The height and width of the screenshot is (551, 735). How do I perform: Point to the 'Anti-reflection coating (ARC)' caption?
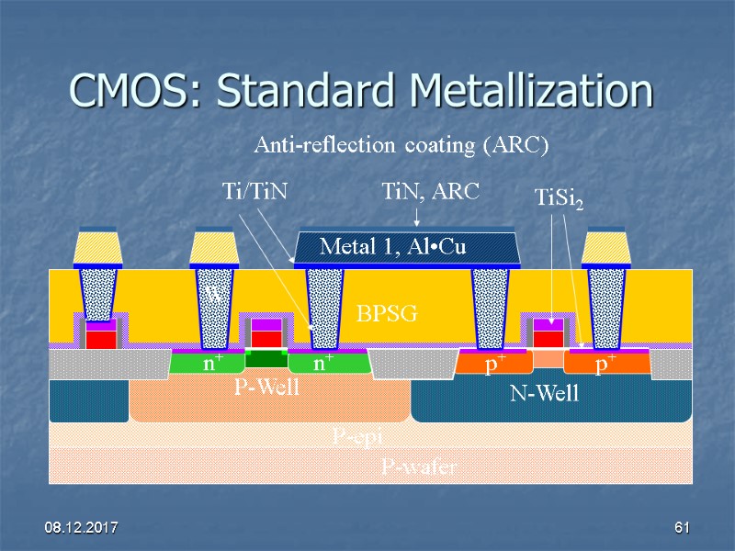[401, 145]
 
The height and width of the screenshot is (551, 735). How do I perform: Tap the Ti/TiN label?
[255, 192]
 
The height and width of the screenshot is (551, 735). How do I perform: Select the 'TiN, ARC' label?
[430, 192]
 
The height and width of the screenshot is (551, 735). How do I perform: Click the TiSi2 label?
[559, 197]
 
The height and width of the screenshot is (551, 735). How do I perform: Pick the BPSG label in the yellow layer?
[387, 314]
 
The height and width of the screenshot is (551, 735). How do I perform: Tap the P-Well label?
[266, 388]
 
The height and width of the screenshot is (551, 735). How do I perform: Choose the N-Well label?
[545, 394]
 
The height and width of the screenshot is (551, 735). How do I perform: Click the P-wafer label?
[419, 467]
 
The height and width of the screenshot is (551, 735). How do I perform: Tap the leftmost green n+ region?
[209, 364]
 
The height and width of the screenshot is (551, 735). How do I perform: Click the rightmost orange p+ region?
[605, 364]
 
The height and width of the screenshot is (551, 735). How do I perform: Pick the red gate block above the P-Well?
[266, 337]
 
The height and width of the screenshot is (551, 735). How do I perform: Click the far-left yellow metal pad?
[97, 246]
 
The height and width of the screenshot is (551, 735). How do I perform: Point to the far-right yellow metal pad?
[605, 246]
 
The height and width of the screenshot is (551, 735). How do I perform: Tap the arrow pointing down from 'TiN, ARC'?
[417, 217]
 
